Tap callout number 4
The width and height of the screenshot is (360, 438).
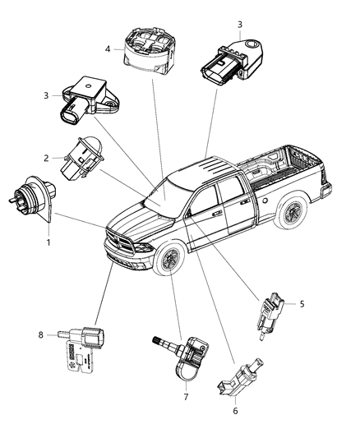tap(107, 48)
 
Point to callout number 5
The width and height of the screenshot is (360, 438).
tap(302, 303)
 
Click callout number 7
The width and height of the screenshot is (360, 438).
tap(185, 396)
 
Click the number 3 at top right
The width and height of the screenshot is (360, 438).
tap(239, 25)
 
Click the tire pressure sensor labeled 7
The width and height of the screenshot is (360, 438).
tap(182, 357)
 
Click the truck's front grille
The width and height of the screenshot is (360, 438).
tap(122, 245)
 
